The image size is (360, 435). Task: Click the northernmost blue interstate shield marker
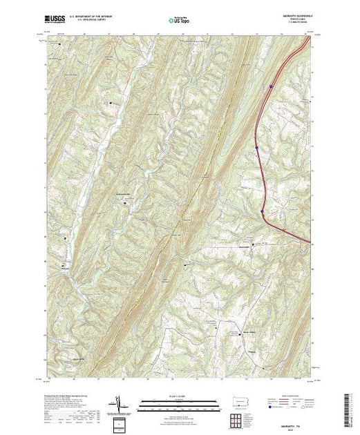[x=272, y=86]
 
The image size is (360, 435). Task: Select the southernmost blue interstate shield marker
[x=263, y=212]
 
